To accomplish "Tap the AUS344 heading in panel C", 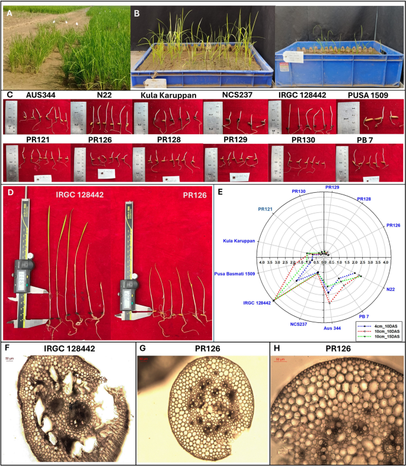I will (35, 94).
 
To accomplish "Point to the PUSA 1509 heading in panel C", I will (369, 94).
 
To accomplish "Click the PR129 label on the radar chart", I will (333, 187).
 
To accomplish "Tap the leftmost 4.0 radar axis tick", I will (261, 261).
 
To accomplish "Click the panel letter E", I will (220, 191).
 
